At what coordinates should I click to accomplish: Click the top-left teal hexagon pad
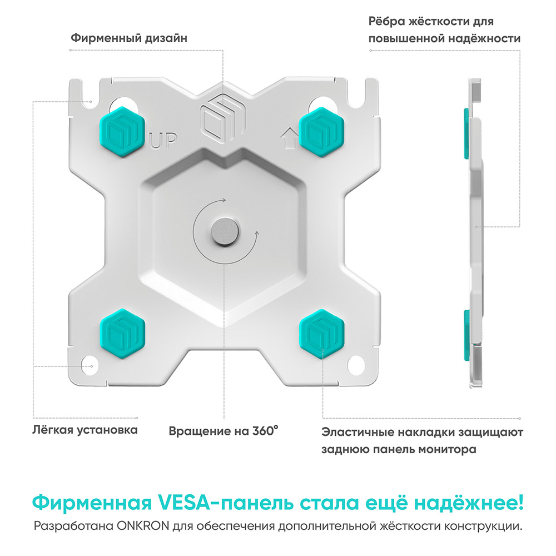tap(122, 132)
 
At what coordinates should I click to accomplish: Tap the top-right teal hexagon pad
tap(321, 132)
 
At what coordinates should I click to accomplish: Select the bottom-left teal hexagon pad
tap(122, 334)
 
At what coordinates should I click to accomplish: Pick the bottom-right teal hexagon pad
tap(321, 334)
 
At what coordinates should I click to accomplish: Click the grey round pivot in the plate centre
tap(225, 232)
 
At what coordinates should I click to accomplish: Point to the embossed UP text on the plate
tap(163, 141)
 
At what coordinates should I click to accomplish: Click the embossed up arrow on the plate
tap(289, 138)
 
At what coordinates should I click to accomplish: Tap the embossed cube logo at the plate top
tap(223, 117)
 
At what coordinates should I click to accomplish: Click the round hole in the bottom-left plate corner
tap(88, 365)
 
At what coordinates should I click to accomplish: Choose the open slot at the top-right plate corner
tap(356, 93)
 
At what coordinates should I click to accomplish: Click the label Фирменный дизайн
tap(129, 38)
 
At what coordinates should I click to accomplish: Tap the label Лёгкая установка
tap(85, 430)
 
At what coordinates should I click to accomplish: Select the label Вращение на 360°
tap(224, 431)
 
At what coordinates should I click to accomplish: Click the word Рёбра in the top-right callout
tap(386, 21)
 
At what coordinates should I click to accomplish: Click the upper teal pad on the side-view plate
tap(466, 133)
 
